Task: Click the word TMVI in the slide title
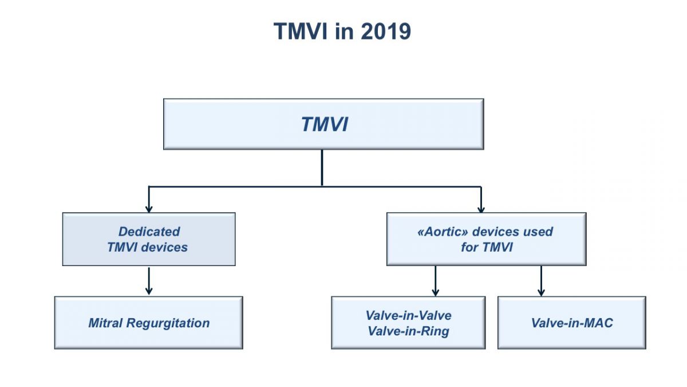tap(301, 32)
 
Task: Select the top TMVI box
tap(323, 124)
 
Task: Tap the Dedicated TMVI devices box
tap(149, 239)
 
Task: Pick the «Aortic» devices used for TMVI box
tap(487, 239)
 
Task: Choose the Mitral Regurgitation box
tap(149, 322)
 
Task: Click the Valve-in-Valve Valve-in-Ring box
tap(408, 322)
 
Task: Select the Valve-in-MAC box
tap(572, 322)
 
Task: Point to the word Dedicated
tap(149, 232)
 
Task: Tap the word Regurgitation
tap(168, 323)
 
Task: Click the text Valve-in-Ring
tap(409, 331)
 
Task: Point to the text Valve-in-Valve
tap(409, 315)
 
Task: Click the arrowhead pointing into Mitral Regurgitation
tap(149, 291)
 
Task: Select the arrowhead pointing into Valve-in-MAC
tap(542, 292)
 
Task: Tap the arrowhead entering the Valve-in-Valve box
tap(436, 292)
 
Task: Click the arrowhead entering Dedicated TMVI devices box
tap(149, 209)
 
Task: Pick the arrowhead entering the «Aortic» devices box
tap(481, 209)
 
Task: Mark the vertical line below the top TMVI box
tap(322, 168)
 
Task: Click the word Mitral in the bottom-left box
tap(105, 323)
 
